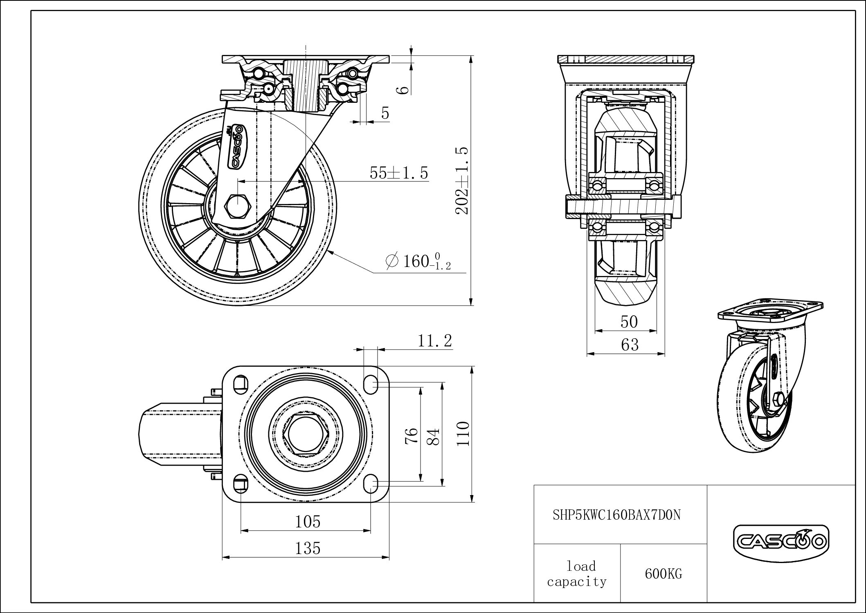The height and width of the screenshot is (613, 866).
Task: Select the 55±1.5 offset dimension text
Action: (x=399, y=173)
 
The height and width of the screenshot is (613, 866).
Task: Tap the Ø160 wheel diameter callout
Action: (x=418, y=261)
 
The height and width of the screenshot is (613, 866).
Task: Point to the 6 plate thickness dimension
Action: (x=403, y=89)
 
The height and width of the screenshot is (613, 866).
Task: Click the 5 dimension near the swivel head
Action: (x=385, y=113)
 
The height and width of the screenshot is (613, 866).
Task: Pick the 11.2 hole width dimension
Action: (x=434, y=340)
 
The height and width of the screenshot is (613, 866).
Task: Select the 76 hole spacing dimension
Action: (x=412, y=435)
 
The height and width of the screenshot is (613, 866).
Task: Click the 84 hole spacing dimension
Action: (x=434, y=436)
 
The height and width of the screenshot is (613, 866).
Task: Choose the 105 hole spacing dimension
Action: (x=308, y=521)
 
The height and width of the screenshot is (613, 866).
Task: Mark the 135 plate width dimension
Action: (x=308, y=548)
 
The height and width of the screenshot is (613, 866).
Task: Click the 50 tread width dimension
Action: (x=629, y=322)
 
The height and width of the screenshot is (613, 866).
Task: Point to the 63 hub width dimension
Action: (x=629, y=345)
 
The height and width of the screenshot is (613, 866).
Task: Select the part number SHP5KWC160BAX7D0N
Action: (x=617, y=515)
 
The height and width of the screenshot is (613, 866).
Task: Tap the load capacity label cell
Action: (x=577, y=573)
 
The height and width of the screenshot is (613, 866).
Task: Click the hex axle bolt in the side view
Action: (x=238, y=206)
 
